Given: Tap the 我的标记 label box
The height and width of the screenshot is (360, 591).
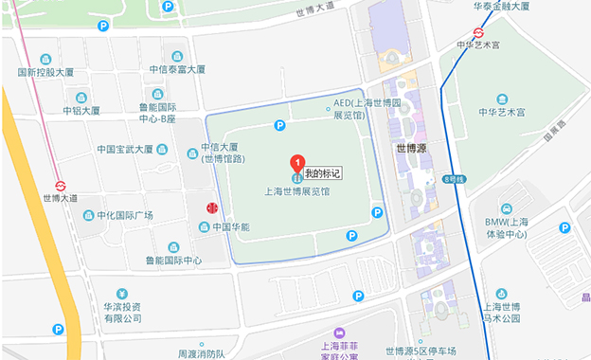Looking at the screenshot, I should click(x=322, y=174).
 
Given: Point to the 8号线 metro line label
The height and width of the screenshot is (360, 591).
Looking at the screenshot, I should click(x=454, y=179).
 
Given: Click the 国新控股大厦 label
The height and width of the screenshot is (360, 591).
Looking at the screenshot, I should click(x=45, y=72).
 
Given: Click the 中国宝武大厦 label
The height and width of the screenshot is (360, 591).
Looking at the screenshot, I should click(x=124, y=149).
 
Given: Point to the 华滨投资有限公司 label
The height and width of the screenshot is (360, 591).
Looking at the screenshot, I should click(x=122, y=313).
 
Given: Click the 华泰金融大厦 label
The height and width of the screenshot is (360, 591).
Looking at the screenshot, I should click(x=505, y=6).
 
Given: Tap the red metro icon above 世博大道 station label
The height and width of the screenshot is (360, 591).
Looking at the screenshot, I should click(x=60, y=186).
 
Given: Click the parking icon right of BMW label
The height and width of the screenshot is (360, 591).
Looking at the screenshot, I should click(x=564, y=227).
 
